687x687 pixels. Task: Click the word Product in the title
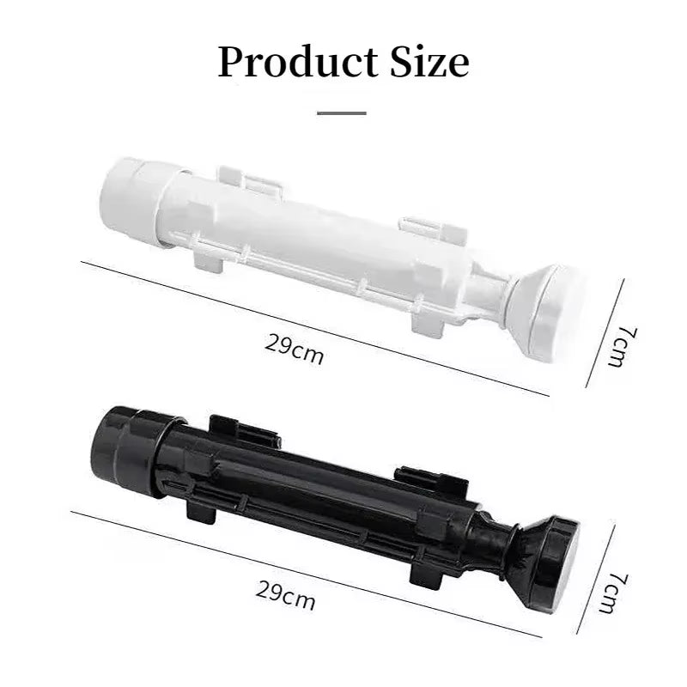[297, 62]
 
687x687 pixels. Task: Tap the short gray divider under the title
[342, 113]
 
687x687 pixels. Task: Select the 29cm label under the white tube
[294, 350]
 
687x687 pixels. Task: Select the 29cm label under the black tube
[285, 595]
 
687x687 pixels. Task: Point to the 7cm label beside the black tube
[613, 593]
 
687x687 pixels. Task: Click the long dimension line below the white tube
[314, 329]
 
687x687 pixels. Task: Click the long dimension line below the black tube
[307, 574]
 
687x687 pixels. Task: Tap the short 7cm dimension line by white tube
[605, 333]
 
